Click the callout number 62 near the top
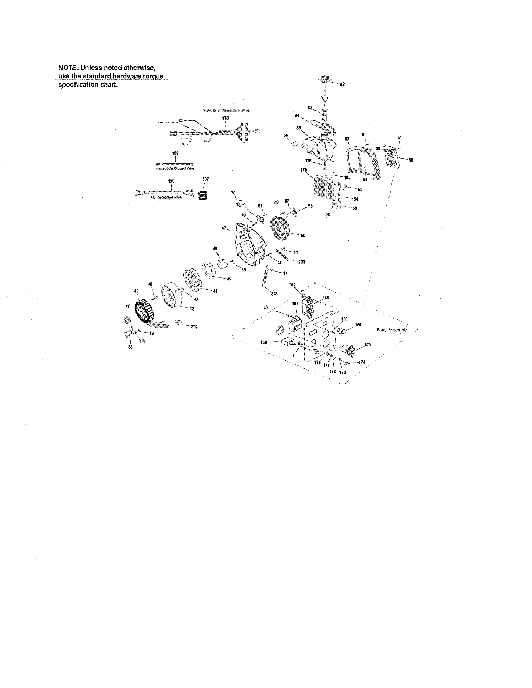(342, 84)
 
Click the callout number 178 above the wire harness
(225, 118)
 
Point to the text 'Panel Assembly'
(391, 330)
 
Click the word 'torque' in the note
(153, 77)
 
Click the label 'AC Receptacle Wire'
(169, 197)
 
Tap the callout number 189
(175, 153)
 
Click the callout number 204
(194, 327)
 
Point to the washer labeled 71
(127, 320)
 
